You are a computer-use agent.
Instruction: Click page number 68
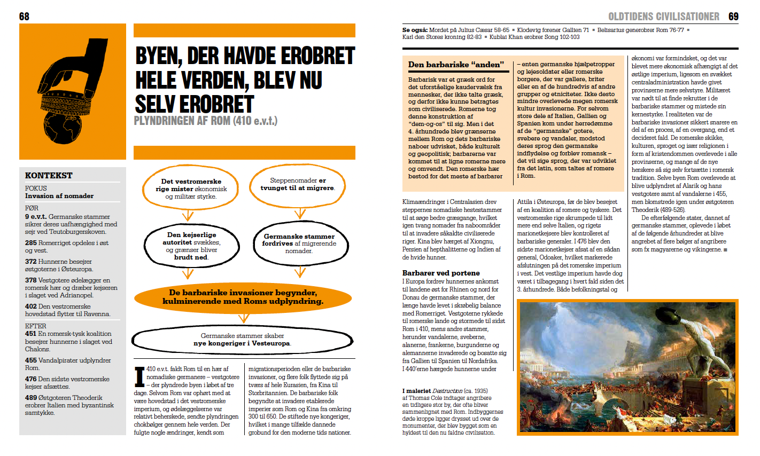point(24,17)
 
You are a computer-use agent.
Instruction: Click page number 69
point(733,17)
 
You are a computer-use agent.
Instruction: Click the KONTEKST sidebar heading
point(49,175)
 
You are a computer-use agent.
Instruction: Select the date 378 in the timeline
point(30,280)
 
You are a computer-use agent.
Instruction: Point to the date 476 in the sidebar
point(30,379)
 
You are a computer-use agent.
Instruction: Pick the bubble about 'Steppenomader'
point(298,184)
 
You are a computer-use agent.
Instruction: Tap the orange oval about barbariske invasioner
point(243,297)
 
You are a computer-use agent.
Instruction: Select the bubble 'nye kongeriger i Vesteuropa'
point(243,340)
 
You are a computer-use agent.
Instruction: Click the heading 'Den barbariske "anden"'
point(456,65)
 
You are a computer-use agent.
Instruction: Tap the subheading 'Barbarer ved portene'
point(441,273)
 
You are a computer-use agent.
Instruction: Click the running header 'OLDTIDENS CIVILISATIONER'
point(664,17)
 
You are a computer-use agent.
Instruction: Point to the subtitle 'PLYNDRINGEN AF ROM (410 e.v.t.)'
point(205,121)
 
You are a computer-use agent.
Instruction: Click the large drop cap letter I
point(139,376)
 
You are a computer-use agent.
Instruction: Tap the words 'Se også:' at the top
point(414,30)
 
